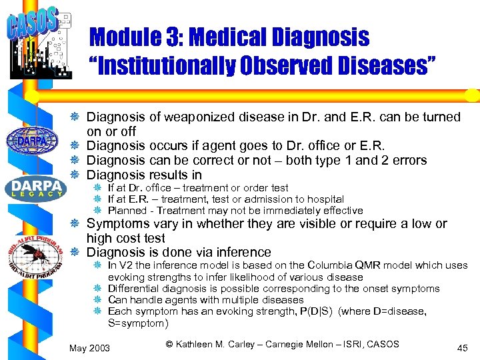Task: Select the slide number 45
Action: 462,348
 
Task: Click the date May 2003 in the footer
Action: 90,348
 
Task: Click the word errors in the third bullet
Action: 407,161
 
